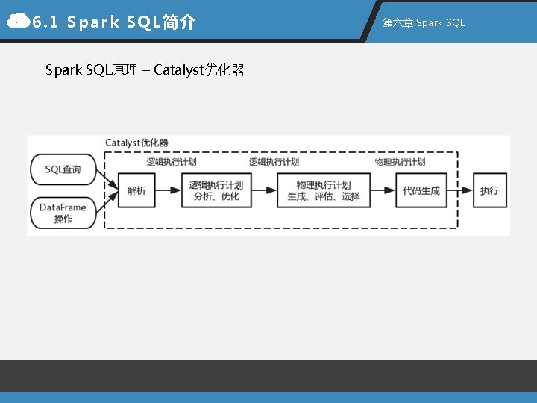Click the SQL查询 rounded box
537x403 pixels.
click(63, 169)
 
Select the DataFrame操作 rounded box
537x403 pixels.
click(63, 213)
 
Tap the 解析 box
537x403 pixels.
click(136, 191)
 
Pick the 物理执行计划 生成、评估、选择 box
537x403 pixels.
click(324, 191)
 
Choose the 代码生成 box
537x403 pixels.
click(421, 191)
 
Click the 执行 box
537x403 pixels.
click(489, 191)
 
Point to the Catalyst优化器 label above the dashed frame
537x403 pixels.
click(136, 143)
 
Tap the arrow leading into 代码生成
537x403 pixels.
click(383, 191)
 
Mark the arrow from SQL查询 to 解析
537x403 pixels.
click(107, 180)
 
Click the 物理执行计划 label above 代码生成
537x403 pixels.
click(400, 162)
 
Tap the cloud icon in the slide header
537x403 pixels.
click(17, 22)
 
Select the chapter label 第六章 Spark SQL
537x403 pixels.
click(424, 22)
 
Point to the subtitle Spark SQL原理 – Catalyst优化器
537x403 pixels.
click(145, 70)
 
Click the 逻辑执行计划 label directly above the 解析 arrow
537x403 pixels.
click(172, 162)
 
